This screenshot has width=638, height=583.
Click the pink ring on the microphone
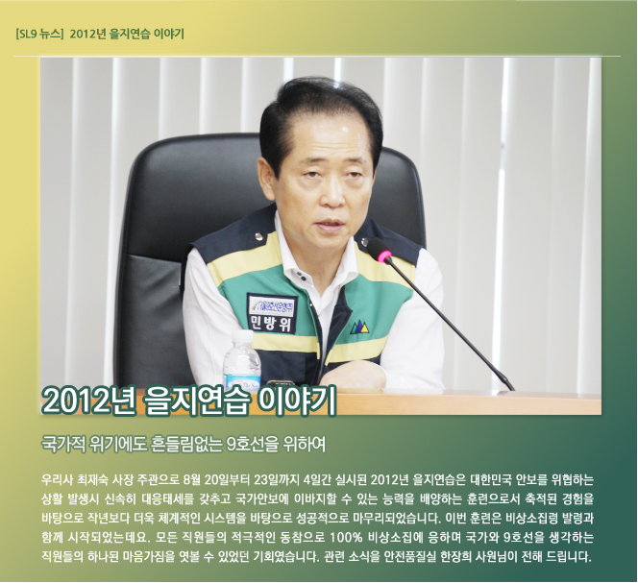384,257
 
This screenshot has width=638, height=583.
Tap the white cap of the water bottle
242,336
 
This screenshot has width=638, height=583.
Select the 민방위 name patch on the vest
272,312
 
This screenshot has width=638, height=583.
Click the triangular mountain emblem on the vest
359,327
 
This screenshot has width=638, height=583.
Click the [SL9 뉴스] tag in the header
39,35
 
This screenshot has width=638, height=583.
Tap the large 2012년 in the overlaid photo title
88,400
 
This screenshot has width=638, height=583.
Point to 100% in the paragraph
346,538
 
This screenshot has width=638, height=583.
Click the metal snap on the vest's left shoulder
258,236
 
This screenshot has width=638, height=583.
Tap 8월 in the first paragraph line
191,480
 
